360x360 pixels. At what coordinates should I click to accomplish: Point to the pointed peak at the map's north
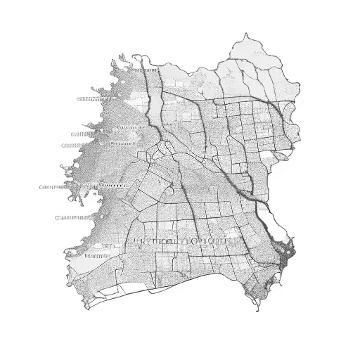coord(247,34)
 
